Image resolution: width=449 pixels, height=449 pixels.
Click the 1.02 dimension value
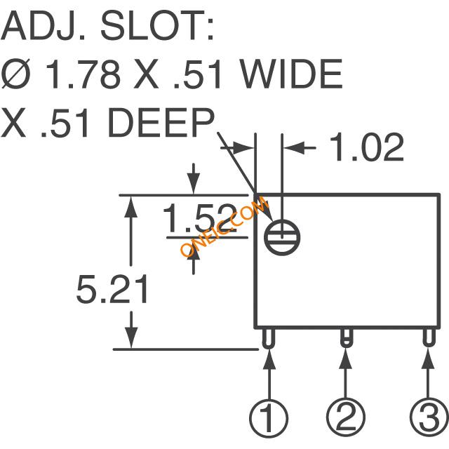[x=366, y=147]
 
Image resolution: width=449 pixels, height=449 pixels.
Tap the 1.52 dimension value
[x=200, y=218]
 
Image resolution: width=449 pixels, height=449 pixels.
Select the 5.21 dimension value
[x=112, y=289]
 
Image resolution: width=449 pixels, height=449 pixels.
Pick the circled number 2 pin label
[x=346, y=417]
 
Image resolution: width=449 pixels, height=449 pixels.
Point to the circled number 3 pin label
[x=429, y=417]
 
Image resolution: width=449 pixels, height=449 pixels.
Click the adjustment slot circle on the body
[x=282, y=237]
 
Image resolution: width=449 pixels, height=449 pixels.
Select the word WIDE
[x=291, y=74]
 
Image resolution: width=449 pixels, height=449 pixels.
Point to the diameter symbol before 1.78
[x=15, y=74]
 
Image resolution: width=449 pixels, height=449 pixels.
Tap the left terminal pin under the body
[x=268, y=338]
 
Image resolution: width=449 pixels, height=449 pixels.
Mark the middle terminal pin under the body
[x=346, y=337]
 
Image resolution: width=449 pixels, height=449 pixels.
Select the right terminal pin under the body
[x=429, y=337]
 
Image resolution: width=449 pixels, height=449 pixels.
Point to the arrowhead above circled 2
[x=346, y=358]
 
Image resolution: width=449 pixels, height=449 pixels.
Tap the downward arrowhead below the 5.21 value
[x=131, y=338]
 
